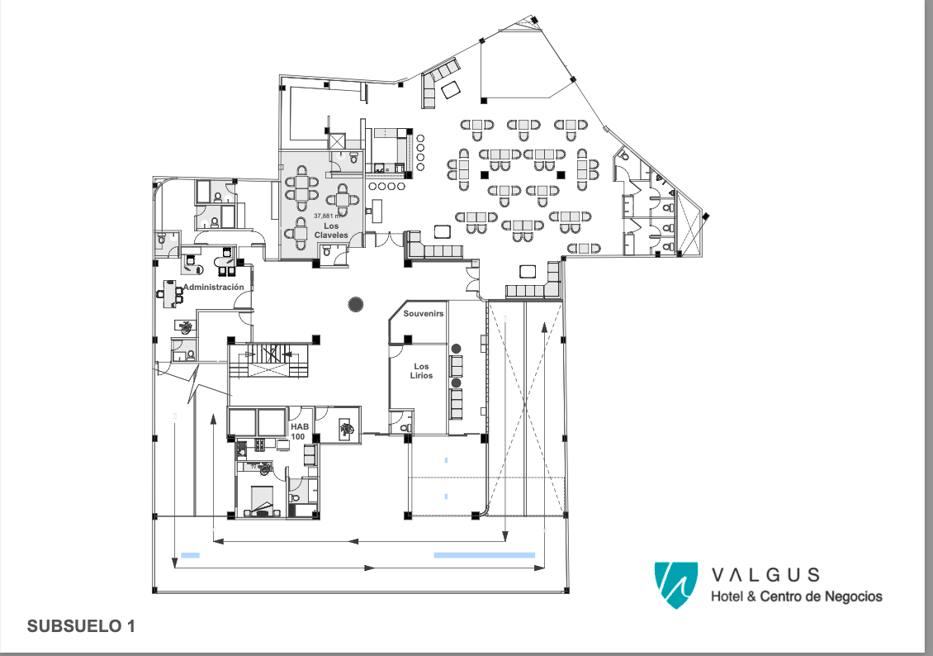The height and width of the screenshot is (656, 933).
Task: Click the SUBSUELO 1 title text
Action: (81, 626)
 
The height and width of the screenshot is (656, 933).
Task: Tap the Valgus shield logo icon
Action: (676, 585)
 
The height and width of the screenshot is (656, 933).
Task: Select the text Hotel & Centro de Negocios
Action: (797, 596)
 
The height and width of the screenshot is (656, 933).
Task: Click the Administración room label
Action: (214, 287)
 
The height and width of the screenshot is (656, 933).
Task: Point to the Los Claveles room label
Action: (331, 231)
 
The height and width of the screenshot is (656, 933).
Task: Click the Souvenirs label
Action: (424, 314)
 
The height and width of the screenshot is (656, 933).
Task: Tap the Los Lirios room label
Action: (421, 371)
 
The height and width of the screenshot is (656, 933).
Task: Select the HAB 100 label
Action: (299, 431)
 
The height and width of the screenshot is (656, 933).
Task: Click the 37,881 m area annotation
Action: (327, 216)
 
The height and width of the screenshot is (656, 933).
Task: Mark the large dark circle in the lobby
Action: (356, 305)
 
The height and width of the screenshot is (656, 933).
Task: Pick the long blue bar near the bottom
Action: (485, 555)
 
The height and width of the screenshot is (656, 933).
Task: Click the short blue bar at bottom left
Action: (190, 555)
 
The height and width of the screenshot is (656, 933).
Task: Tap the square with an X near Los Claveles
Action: (337, 141)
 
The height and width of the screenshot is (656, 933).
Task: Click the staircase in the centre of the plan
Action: (269, 359)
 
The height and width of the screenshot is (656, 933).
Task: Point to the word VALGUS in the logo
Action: (765, 574)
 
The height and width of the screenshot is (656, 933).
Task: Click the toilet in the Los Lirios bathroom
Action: (405, 427)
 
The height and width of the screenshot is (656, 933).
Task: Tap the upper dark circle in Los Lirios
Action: (457, 349)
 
